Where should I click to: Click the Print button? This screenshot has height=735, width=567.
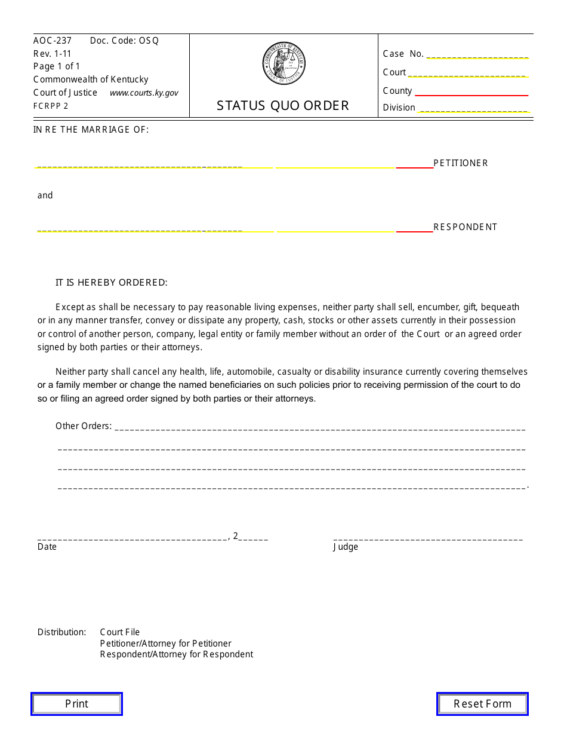click(76, 703)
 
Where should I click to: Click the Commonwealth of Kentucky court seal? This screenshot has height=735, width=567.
click(283, 63)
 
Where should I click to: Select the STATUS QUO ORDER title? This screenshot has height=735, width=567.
click(283, 106)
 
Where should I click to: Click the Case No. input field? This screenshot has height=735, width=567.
click(477, 54)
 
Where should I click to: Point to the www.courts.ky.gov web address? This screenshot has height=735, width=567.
click(144, 93)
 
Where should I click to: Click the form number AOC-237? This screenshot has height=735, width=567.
click(53, 41)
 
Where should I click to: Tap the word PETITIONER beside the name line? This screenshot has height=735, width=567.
click(460, 163)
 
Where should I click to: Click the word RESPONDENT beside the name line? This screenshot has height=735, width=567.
click(465, 227)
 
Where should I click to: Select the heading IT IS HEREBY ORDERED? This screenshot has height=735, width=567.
click(112, 283)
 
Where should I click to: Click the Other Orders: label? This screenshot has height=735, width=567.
click(84, 426)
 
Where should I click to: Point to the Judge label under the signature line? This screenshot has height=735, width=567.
click(346, 547)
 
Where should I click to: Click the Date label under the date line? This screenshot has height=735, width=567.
click(47, 547)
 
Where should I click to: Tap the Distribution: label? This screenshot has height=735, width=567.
click(62, 632)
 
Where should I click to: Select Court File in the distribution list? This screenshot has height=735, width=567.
click(120, 632)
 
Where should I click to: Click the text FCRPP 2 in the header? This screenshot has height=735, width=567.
click(51, 106)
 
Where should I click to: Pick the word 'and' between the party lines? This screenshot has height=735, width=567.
click(45, 195)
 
